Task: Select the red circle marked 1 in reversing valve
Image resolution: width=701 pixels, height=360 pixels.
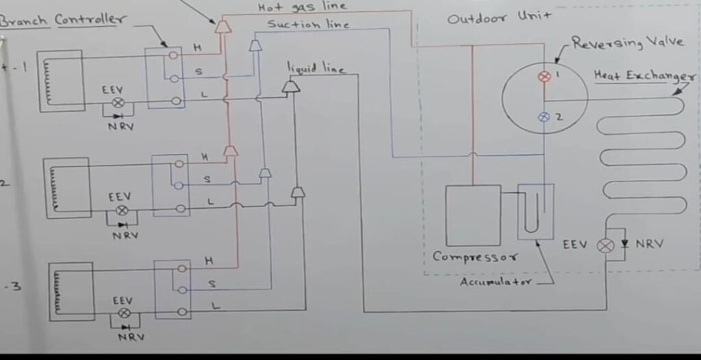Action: click(544, 77)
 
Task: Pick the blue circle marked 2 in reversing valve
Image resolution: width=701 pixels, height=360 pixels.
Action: click(544, 117)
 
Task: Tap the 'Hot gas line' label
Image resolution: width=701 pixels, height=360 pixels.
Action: click(302, 7)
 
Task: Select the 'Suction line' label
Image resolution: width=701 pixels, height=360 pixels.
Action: click(308, 25)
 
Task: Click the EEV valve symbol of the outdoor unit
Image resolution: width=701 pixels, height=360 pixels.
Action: click(606, 245)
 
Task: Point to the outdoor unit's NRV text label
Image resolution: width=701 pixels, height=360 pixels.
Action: click(648, 244)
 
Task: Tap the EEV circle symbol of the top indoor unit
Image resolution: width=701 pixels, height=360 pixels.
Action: click(117, 103)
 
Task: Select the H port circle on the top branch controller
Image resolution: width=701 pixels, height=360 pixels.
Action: click(177, 53)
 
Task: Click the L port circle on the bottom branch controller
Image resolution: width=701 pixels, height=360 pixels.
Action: click(181, 312)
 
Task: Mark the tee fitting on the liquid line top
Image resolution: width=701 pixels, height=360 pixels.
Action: click(291, 87)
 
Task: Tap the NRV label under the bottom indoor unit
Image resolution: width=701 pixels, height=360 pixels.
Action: click(127, 337)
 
